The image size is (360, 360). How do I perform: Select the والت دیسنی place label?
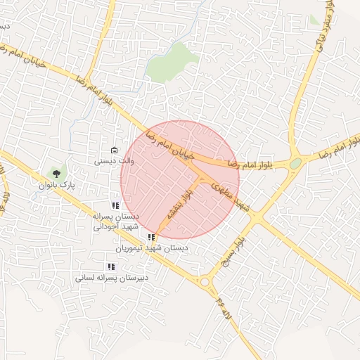(114, 161)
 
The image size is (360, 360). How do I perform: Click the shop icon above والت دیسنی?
(114, 150)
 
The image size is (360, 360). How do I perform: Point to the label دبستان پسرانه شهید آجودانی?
(117, 221)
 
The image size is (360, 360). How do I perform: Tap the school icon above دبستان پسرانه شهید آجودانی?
(115, 205)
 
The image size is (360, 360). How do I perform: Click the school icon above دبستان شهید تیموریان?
(152, 237)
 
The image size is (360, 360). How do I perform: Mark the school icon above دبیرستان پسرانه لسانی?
(110, 266)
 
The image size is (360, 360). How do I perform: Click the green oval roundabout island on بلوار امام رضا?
(295, 164)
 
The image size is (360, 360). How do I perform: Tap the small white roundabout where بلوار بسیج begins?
(206, 282)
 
